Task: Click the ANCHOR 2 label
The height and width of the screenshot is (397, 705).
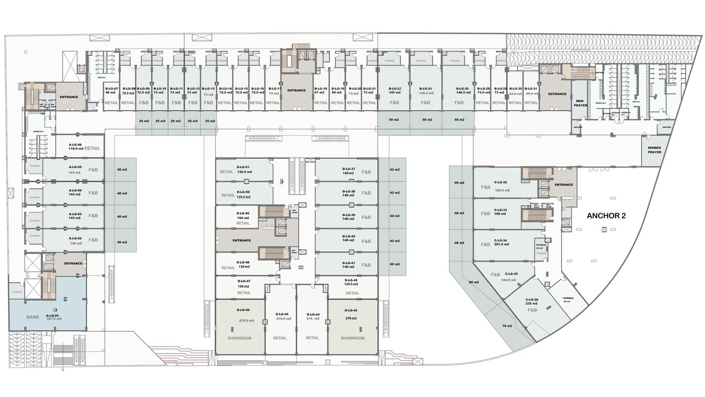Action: point(606,216)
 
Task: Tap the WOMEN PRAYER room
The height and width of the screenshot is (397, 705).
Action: point(654,150)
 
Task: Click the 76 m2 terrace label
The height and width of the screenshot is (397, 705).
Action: point(507,326)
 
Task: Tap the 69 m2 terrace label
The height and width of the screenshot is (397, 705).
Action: point(474,282)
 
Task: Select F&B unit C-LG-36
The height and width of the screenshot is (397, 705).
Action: point(532,305)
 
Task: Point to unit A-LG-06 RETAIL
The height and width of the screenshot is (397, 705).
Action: point(77,146)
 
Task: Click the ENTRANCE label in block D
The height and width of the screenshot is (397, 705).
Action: point(242,240)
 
